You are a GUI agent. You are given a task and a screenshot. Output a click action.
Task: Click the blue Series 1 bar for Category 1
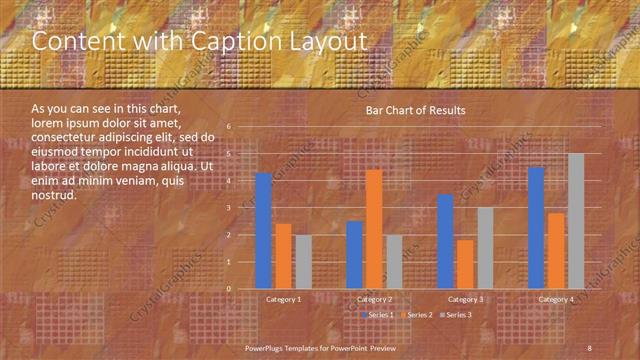pos(263,231)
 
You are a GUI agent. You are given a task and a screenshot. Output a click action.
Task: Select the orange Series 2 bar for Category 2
pos(373,229)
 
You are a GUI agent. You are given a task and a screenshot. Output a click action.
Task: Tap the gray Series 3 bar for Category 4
pos(576,221)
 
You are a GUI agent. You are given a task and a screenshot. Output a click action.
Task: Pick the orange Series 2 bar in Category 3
pos(465,264)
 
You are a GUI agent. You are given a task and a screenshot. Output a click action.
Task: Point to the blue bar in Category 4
pos(536,228)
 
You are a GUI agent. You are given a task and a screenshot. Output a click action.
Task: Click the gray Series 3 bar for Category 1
pos(303,262)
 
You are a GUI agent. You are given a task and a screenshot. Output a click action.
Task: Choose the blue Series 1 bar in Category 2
pos(354,255)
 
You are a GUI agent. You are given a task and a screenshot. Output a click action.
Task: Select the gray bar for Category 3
pos(485,248)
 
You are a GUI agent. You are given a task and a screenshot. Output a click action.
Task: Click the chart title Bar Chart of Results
pos(415,110)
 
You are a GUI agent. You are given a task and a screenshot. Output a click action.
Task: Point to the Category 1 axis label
pos(284,299)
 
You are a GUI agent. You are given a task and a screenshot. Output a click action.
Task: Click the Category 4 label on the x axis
pos(556,299)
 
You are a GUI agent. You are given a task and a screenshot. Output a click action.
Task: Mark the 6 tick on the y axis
pos(229,127)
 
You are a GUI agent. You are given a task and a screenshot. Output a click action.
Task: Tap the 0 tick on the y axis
pos(229,289)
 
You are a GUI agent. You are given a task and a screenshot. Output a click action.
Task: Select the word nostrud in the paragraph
pos(54,195)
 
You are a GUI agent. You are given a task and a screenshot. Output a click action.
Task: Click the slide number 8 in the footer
pos(590,347)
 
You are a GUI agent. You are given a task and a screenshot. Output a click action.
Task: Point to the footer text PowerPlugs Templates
pos(290,347)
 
